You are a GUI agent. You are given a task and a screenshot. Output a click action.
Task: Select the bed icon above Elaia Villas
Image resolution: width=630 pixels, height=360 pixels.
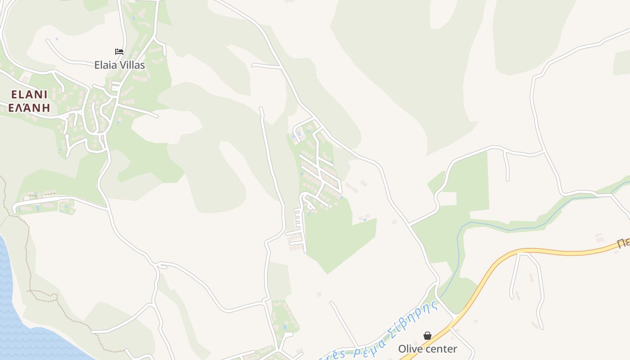pyautogui.click(x=119, y=52)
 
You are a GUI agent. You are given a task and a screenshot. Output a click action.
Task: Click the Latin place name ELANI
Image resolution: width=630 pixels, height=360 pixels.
pyautogui.click(x=29, y=94)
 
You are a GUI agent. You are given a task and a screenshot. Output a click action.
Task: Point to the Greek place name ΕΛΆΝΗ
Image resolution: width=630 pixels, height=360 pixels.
pyautogui.click(x=29, y=108)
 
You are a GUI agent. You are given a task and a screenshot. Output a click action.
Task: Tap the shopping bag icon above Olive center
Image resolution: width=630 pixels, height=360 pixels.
pyautogui.click(x=427, y=336)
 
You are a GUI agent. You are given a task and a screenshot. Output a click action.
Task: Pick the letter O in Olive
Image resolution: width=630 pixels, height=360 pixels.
pyautogui.click(x=402, y=349)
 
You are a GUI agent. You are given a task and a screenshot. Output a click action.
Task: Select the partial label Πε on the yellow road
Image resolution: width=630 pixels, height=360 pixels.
pyautogui.click(x=623, y=243)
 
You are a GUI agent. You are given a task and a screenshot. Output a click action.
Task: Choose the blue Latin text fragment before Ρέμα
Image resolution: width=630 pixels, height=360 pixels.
pyautogui.click(x=331, y=355)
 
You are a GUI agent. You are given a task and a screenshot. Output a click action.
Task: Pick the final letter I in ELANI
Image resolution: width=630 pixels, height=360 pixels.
pyautogui.click(x=45, y=94)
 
